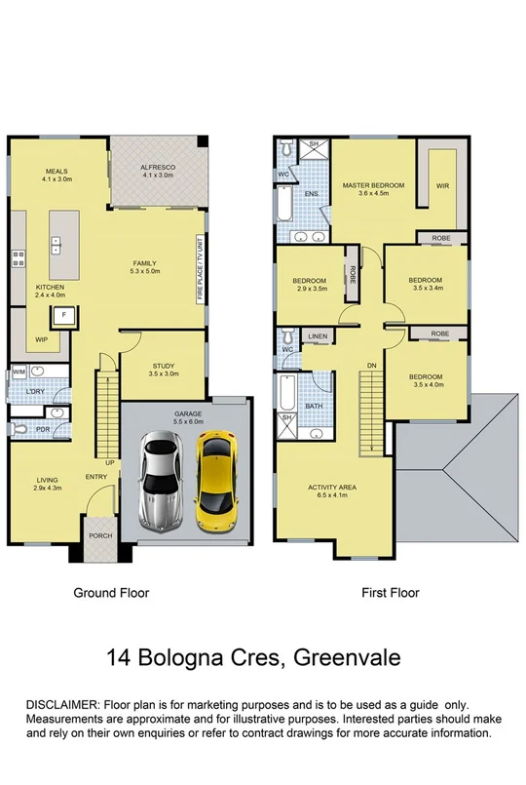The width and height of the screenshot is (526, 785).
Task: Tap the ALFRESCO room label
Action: [x=157, y=167]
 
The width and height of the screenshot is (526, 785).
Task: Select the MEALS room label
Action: [x=55, y=172]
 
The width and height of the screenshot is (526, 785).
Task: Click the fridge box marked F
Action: [x=63, y=315]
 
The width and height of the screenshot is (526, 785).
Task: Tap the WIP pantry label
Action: [x=41, y=340]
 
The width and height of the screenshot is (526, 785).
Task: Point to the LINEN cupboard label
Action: [x=318, y=336]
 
